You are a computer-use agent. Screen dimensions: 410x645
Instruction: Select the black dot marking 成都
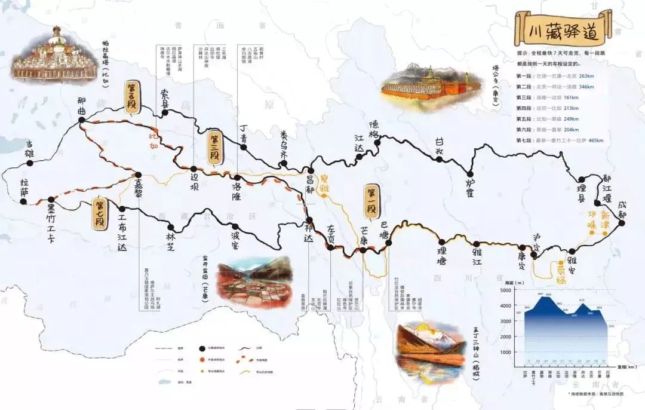621,223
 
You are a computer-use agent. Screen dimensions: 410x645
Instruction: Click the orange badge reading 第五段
131,97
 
